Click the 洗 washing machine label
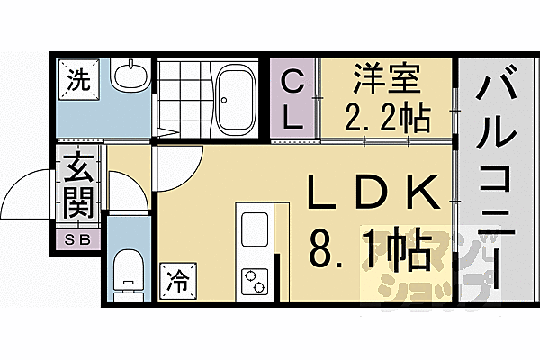76,78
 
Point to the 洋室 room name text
388,78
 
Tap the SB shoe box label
78,239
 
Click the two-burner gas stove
253,282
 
